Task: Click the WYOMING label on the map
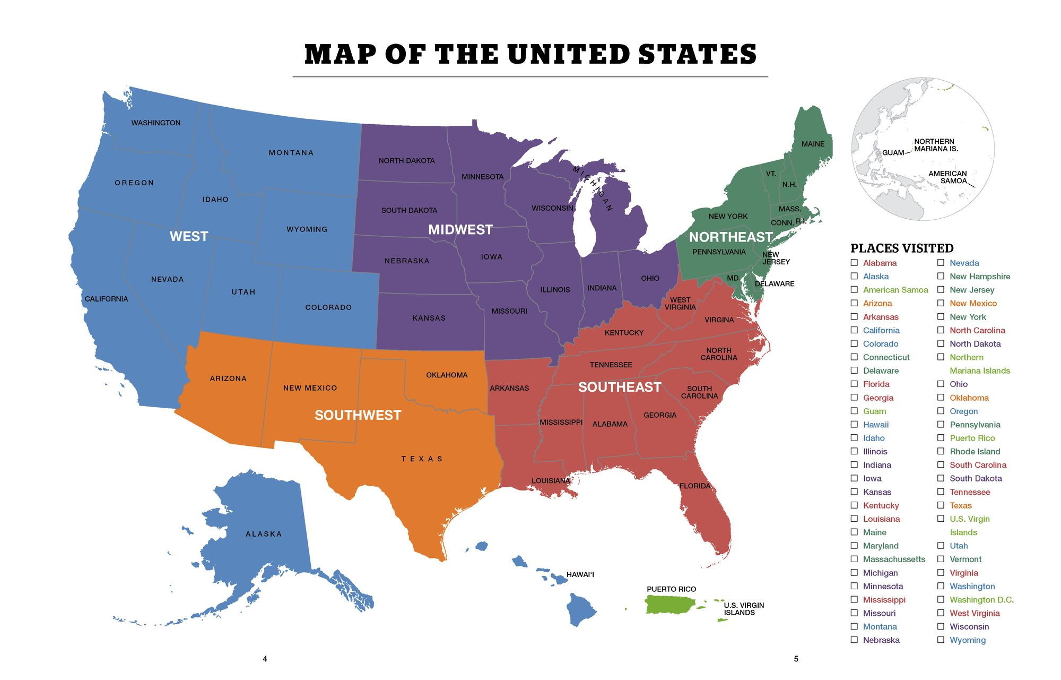click(307, 229)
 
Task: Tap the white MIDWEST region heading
click(460, 229)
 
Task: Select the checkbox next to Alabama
click(854, 263)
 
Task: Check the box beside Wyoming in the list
click(941, 640)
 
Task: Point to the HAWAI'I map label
click(580, 574)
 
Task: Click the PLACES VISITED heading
click(902, 248)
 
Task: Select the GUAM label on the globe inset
click(893, 153)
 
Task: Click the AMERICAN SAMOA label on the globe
click(947, 177)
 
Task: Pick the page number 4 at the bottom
click(265, 659)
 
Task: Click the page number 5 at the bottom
click(796, 659)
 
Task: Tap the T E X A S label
click(422, 459)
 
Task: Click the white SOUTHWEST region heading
click(358, 415)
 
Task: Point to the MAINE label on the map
click(813, 144)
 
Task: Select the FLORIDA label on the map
click(694, 486)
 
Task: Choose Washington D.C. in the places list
click(981, 600)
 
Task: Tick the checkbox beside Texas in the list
click(941, 505)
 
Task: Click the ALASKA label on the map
click(264, 534)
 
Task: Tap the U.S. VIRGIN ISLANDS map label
click(744, 609)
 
